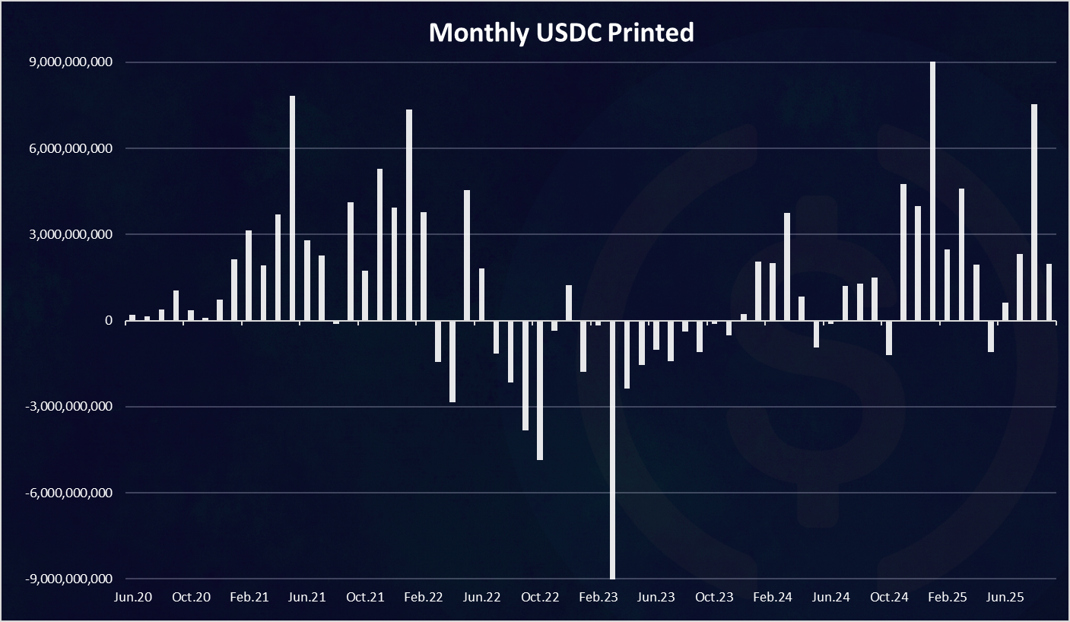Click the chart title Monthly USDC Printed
coord(560,33)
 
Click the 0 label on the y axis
coord(110,321)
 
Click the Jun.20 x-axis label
coord(133,597)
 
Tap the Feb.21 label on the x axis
coord(249,597)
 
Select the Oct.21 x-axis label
coord(366,597)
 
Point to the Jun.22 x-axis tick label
coord(482,597)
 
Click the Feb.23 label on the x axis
coord(599,597)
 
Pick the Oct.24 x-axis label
coord(890,597)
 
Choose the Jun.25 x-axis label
coord(1005,597)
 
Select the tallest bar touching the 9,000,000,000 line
coord(932,190)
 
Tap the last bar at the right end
coord(1049,293)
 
